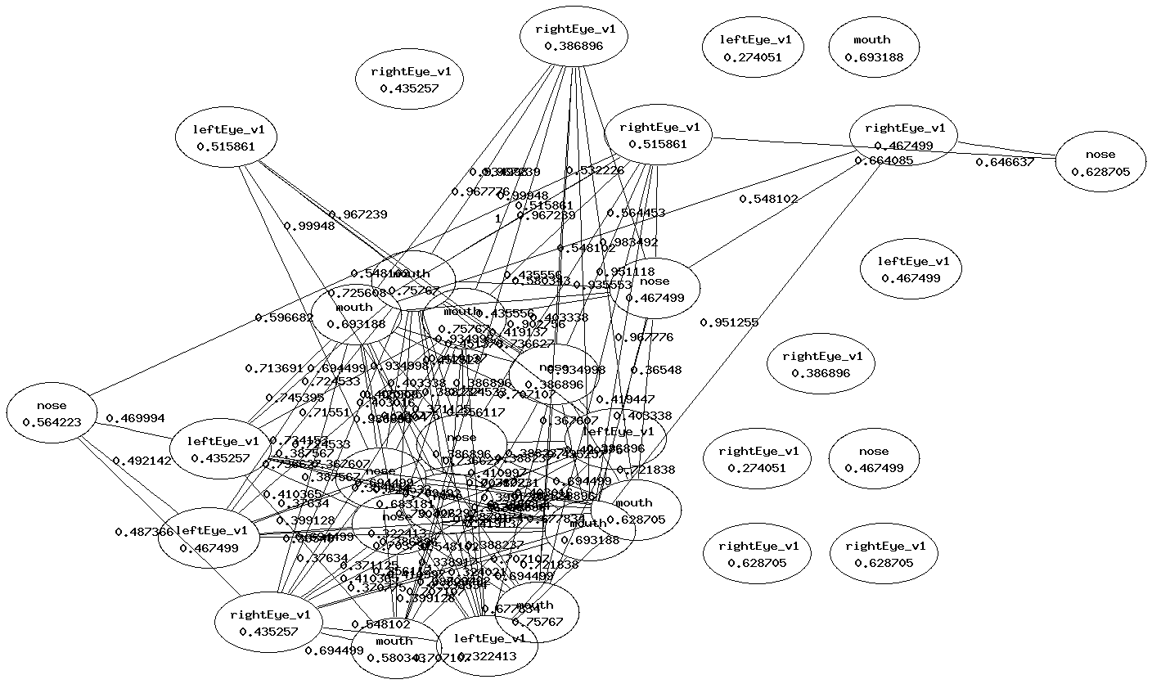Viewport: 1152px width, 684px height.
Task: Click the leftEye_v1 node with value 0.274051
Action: pyautogui.click(x=752, y=48)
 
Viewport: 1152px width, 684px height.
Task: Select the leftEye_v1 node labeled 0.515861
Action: pyautogui.click(x=226, y=138)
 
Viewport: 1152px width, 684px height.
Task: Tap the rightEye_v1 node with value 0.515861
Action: pyautogui.click(x=658, y=135)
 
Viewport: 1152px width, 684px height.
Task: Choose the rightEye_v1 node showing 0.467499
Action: pyautogui.click(x=903, y=136)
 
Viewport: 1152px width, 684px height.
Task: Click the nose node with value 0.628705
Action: pyautogui.click(x=1100, y=162)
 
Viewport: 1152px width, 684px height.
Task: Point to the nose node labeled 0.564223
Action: pyautogui.click(x=52, y=414)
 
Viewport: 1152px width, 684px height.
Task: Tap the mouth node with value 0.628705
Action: pyautogui.click(x=634, y=511)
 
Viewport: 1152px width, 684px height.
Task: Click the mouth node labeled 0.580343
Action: pyautogui.click(x=394, y=649)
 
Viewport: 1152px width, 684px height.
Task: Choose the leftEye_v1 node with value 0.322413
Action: pyautogui.click(x=489, y=646)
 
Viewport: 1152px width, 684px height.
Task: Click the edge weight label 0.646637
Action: pyautogui.click(x=1005, y=162)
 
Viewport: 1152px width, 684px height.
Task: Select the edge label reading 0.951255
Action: pyautogui.click(x=729, y=322)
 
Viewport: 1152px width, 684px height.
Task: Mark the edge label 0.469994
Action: pyautogui.click(x=135, y=418)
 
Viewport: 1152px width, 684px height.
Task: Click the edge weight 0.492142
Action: pyautogui.click(x=142, y=460)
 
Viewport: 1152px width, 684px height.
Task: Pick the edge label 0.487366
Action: pyautogui.click(x=144, y=532)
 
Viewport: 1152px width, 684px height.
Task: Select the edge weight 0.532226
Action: pyautogui.click(x=595, y=170)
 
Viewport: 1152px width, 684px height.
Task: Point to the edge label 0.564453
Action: pyautogui.click(x=636, y=213)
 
